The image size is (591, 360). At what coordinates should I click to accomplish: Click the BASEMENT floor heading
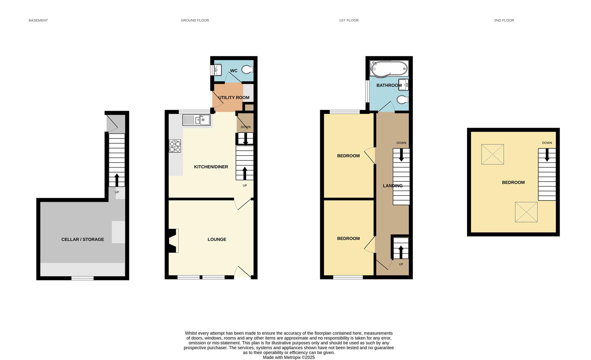pos(38,20)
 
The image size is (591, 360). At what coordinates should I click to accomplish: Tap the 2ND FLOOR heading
pos(504,20)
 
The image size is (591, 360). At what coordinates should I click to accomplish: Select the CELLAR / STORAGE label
pos(82,239)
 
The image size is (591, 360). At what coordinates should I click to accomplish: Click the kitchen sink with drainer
pos(196,120)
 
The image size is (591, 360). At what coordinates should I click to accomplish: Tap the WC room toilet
pos(247,70)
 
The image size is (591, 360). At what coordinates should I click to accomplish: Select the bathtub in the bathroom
pos(389,68)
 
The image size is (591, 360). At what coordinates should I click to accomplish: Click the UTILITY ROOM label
pos(233,98)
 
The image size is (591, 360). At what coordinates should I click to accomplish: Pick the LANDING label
pos(393,186)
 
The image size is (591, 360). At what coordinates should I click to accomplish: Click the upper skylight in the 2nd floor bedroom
pos(492,154)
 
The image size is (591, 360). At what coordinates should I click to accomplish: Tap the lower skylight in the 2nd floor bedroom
pos(526,212)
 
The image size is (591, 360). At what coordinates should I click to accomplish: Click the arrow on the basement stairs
pos(117,180)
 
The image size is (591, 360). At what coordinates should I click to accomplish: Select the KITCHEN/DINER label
pos(211,167)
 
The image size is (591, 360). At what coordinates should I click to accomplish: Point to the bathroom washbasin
pos(404,85)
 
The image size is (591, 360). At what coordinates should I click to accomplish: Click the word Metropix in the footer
pos(292,357)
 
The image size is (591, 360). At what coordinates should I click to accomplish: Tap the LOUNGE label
pos(217,239)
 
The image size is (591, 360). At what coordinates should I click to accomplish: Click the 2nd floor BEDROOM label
pos(513,182)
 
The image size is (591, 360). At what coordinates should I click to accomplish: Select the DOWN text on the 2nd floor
pos(547,143)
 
